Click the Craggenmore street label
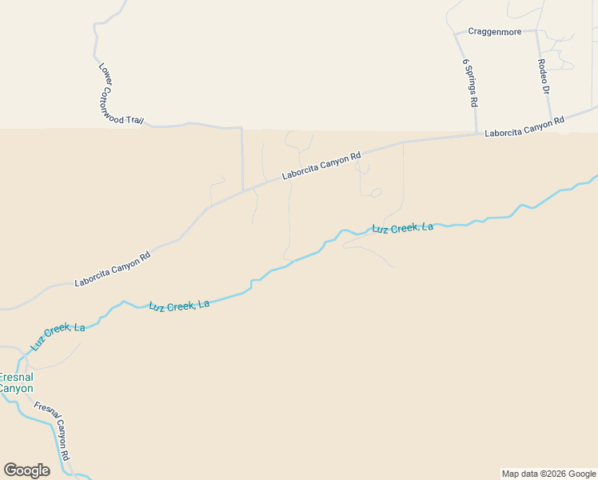pyautogui.click(x=496, y=32)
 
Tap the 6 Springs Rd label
pyautogui.click(x=470, y=82)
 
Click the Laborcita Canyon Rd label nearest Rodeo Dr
pyautogui.click(x=524, y=126)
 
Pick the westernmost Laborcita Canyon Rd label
pyautogui.click(x=113, y=270)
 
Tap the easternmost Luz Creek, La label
pyautogui.click(x=403, y=228)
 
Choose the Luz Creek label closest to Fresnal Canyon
pyautogui.click(x=58, y=338)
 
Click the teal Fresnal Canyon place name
pyautogui.click(x=16, y=382)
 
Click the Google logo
pyautogui.click(x=26, y=470)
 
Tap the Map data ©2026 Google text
pyautogui.click(x=549, y=474)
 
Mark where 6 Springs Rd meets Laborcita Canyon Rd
pyautogui.click(x=477, y=134)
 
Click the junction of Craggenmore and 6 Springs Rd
pyautogui.click(x=456, y=34)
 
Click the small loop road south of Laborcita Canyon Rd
pyautogui.click(x=376, y=192)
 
